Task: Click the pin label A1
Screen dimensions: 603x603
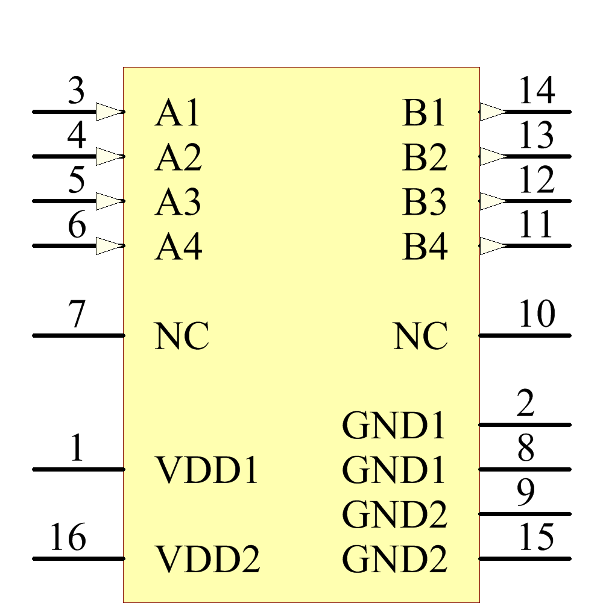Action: [177, 113]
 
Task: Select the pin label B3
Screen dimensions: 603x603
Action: [425, 203]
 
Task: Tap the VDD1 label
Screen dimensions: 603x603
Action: [207, 470]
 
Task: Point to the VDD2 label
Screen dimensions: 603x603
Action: [208, 560]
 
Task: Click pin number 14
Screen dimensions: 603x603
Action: [536, 91]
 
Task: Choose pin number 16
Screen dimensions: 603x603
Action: [68, 538]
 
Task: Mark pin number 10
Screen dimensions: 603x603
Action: [536, 315]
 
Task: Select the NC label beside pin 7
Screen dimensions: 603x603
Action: [182, 336]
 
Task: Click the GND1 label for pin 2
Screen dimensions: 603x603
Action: [394, 426]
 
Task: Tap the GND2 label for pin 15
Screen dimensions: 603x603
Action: [395, 560]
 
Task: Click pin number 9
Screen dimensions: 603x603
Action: [525, 493]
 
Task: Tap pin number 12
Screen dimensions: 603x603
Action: [536, 180]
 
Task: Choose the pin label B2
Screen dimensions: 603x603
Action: [425, 158]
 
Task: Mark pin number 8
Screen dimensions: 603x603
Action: [525, 449]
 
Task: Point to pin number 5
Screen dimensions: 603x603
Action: [76, 180]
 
